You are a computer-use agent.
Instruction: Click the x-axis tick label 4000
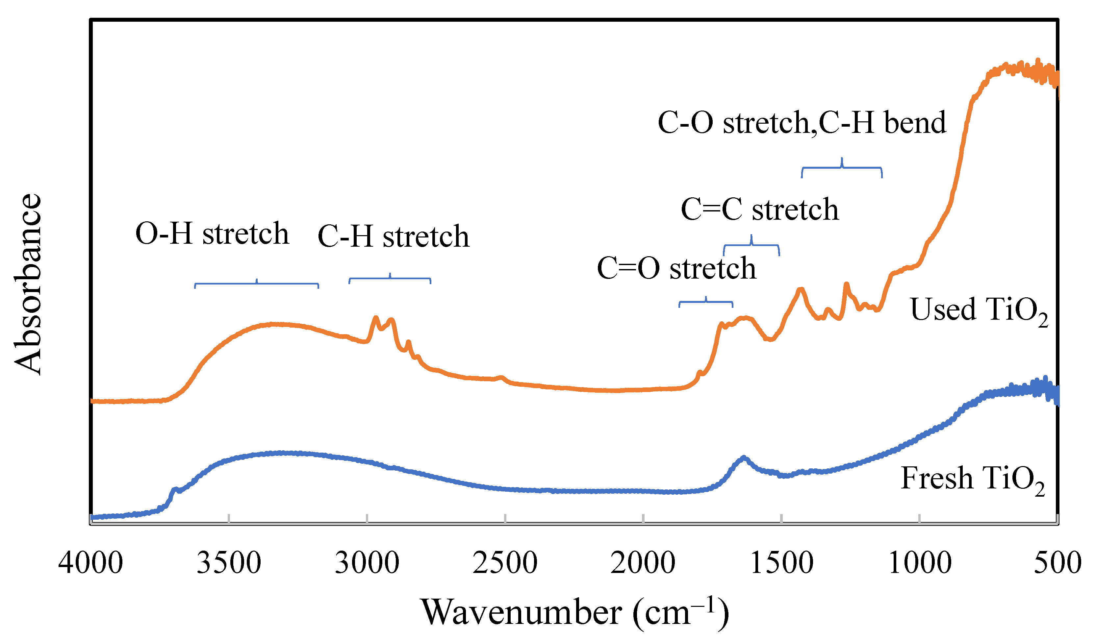point(91,563)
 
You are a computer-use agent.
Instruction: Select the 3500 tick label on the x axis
point(229,563)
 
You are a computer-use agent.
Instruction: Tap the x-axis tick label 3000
point(367,563)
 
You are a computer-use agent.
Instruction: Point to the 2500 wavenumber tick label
point(505,563)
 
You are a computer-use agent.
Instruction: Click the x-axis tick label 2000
point(643,563)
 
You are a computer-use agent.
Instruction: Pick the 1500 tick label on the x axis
point(781,563)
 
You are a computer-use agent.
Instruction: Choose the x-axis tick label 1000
point(919,563)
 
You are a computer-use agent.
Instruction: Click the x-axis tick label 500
point(1057,563)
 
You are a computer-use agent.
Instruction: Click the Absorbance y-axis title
point(27,285)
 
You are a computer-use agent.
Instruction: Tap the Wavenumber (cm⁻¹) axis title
point(574,612)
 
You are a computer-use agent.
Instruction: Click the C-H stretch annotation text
point(394,237)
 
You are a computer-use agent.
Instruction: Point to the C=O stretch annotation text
point(676,268)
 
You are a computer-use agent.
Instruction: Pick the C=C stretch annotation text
point(759,210)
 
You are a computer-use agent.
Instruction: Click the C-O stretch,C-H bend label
point(802,122)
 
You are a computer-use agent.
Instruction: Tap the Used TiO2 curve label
point(979,311)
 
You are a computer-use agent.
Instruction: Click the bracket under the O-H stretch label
point(256,284)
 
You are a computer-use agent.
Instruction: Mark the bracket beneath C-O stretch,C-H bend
point(842,168)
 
